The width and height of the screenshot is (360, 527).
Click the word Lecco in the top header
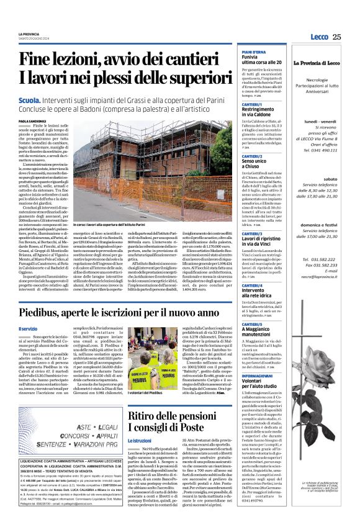tap(321, 37)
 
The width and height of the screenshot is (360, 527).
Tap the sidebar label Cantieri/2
tap(252, 156)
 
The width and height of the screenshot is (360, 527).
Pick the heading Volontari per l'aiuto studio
tap(261, 385)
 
